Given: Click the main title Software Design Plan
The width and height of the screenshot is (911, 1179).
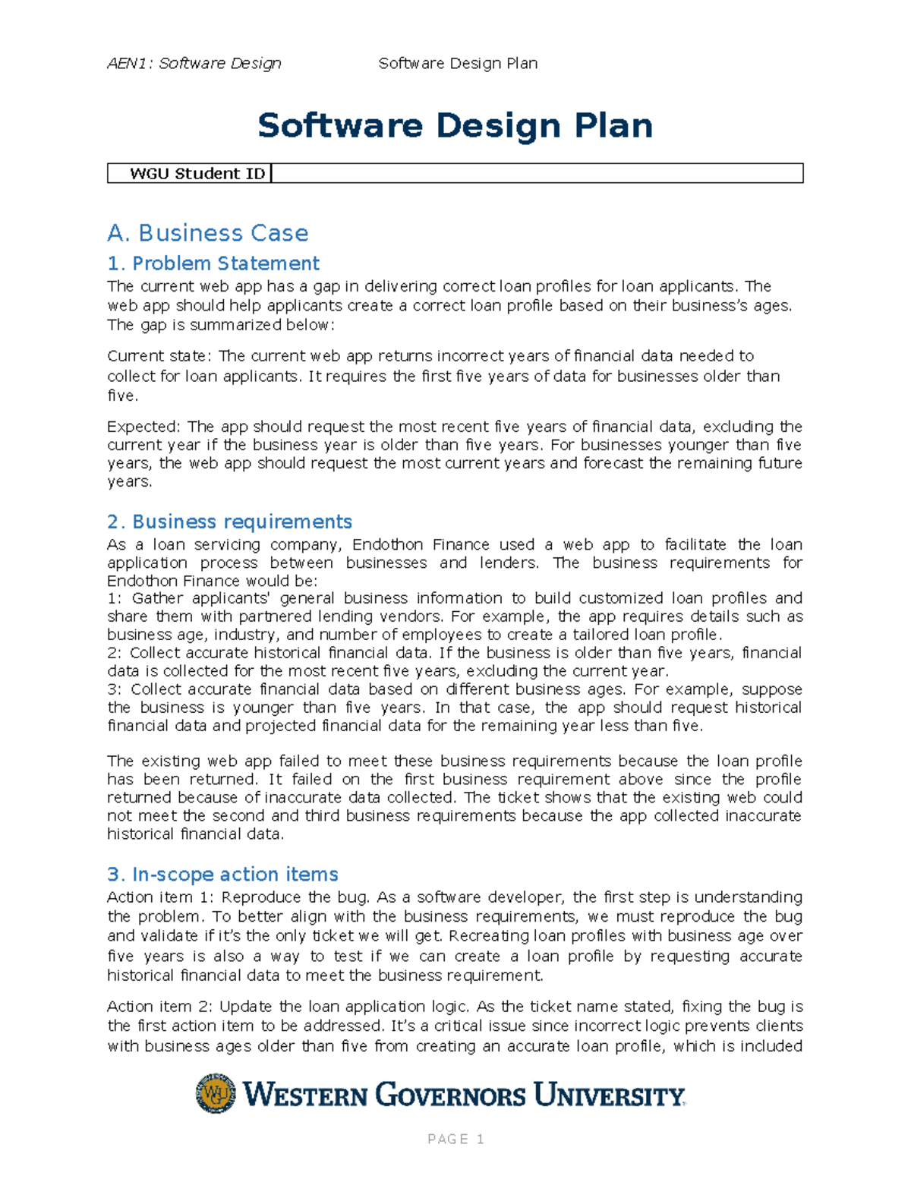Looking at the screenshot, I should (455, 125).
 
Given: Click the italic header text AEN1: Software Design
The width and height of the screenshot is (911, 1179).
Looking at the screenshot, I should (194, 63).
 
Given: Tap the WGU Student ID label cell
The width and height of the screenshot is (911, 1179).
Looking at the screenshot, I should (197, 174).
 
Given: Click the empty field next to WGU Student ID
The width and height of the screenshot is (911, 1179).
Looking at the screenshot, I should (537, 174).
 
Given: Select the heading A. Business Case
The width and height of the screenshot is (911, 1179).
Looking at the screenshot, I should (208, 233).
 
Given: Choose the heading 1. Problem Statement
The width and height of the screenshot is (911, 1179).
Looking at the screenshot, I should (213, 263).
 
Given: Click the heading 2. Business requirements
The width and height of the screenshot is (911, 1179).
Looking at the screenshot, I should (229, 522).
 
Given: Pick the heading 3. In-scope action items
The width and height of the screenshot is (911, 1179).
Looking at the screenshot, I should (222, 874).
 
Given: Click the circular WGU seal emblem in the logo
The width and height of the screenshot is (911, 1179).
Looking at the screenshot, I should (216, 1093).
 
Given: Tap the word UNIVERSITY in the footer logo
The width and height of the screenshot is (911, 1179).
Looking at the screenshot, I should (609, 1095).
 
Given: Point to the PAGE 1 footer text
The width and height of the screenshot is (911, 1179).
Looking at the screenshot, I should (455, 1139).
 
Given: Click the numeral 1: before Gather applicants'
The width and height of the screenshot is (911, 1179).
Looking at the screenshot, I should (114, 598).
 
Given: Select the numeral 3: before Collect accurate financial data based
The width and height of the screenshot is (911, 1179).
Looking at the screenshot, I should (115, 689).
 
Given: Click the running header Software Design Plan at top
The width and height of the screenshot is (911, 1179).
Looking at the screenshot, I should (458, 63).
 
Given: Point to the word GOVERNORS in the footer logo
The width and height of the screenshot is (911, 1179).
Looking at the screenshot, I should (451, 1095).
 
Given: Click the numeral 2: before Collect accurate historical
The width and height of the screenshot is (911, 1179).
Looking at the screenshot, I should (114, 653).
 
